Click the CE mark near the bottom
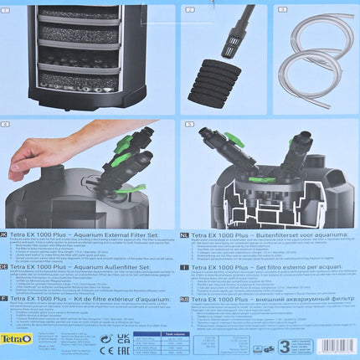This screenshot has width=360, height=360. (x=105, y=341)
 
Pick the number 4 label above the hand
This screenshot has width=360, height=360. (x=8, y=125)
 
